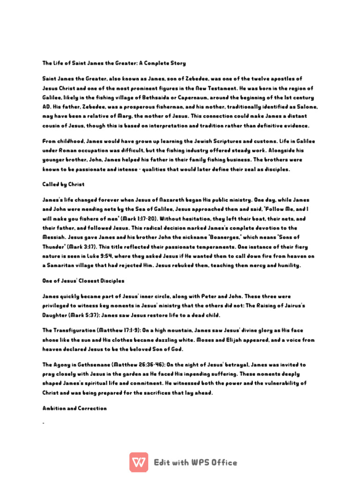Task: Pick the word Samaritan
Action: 63,265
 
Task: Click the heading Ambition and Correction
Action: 75,408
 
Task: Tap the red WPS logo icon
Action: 139,462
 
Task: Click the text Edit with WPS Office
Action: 196,463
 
